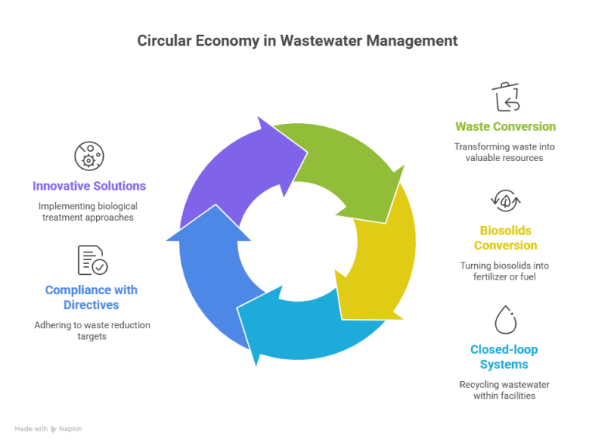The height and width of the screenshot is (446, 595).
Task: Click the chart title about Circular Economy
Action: click(x=297, y=40)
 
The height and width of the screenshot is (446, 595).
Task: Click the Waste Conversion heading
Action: click(x=505, y=126)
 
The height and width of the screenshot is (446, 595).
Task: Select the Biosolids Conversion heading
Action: click(x=505, y=238)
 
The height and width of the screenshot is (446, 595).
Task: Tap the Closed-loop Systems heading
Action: click(x=504, y=356)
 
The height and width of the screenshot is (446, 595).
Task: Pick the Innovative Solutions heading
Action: click(x=89, y=186)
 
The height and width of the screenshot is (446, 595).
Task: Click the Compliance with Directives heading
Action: click(x=91, y=297)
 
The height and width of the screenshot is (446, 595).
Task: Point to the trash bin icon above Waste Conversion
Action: click(x=505, y=97)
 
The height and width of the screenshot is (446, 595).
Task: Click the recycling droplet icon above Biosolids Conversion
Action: click(x=505, y=200)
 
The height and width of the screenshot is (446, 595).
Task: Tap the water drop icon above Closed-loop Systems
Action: click(x=505, y=319)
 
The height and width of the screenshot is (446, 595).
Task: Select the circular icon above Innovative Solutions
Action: click(x=88, y=156)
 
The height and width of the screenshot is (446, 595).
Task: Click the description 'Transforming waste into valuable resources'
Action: click(x=505, y=152)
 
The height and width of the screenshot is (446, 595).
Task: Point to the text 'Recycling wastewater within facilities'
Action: click(x=504, y=390)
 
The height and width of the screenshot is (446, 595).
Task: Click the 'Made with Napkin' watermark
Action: click(x=48, y=427)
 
